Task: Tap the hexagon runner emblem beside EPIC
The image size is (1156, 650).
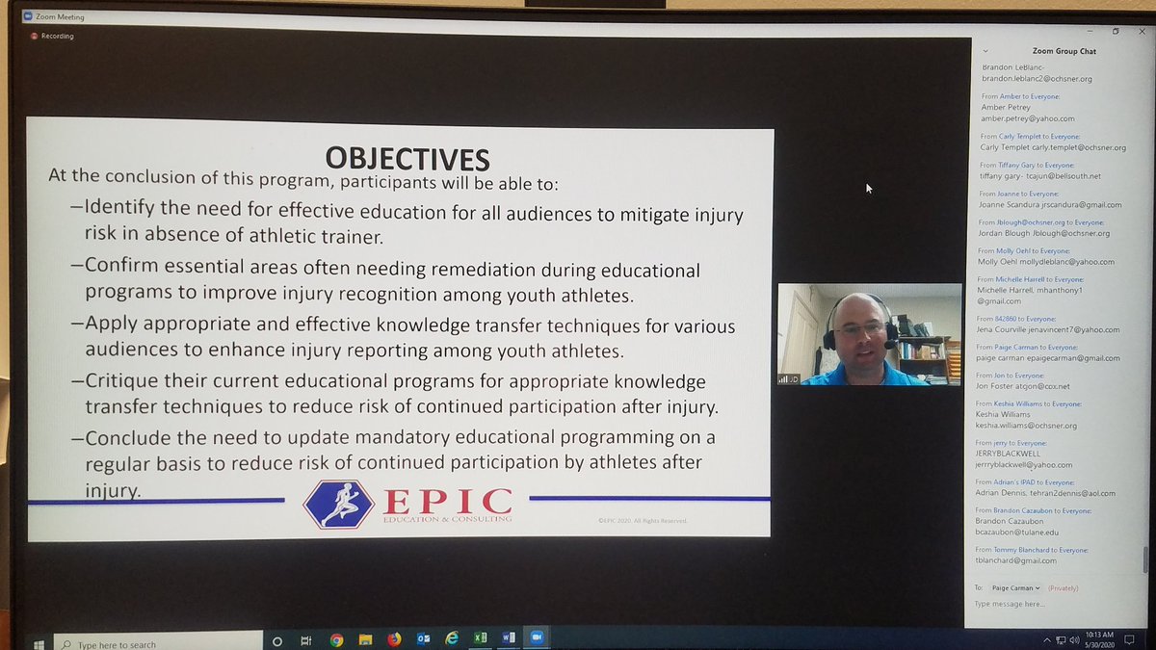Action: [x=338, y=504]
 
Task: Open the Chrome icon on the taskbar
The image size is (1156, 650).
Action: [x=336, y=639]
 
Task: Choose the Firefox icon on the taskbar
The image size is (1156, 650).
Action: [x=394, y=639]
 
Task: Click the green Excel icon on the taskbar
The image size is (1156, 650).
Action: [x=480, y=638]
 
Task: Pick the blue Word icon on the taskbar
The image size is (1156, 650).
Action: [x=509, y=638]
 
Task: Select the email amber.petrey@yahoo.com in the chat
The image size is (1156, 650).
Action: [x=1026, y=118]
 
